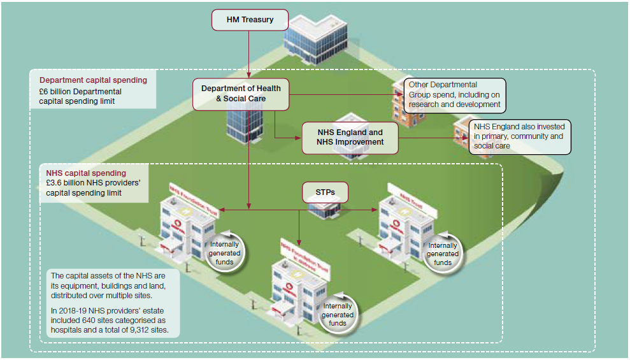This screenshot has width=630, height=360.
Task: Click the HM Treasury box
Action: click(250, 20)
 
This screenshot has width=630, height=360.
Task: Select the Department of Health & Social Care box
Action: click(240, 94)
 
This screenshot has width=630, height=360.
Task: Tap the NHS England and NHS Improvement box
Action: click(350, 137)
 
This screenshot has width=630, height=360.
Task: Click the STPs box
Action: click(325, 192)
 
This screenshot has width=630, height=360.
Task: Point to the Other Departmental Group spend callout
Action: click(454, 94)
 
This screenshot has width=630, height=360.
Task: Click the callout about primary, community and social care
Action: click(519, 136)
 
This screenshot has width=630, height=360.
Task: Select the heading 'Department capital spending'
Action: click(93, 80)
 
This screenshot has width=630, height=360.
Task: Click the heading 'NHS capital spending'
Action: click(86, 173)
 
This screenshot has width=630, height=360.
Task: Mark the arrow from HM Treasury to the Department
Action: click(249, 54)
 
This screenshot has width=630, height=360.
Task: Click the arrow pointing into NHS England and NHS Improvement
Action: click(290, 137)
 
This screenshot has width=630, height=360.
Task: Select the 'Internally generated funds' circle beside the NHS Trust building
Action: click(443, 254)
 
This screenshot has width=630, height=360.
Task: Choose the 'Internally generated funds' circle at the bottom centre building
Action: click(338, 315)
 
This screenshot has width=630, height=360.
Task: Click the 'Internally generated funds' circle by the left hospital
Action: click(224, 253)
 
